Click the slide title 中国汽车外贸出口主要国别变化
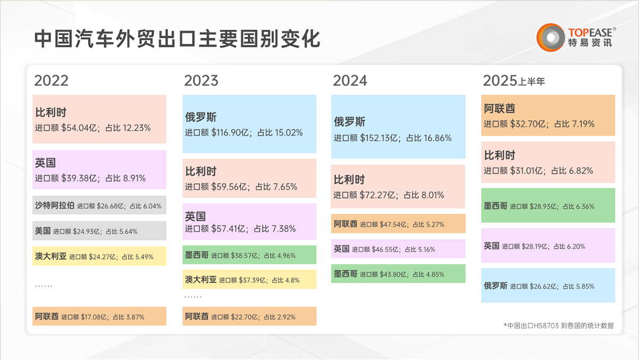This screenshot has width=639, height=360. click(177, 38)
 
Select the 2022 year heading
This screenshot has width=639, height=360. click(52, 80)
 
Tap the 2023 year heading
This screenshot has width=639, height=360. click(201, 80)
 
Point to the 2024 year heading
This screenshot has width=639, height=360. click(350, 80)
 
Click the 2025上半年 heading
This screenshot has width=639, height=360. click(514, 81)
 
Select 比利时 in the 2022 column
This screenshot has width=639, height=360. click(51, 113)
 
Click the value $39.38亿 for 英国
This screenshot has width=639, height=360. click(81, 178)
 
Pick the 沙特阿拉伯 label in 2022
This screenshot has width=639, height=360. click(54, 205)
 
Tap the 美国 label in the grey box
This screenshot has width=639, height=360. click(43, 231)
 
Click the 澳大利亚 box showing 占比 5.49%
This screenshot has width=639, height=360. click(99, 256)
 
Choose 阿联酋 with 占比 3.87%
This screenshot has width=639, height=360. click(99, 316)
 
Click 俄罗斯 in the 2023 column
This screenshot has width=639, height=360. click(201, 118)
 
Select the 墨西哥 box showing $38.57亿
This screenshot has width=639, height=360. click(249, 255)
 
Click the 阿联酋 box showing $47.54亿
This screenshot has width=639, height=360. click(398, 224)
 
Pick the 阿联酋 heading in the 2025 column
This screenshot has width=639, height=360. click(499, 109)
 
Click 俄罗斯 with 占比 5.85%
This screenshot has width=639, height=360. click(548, 285)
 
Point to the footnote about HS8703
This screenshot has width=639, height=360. click(558, 325)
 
